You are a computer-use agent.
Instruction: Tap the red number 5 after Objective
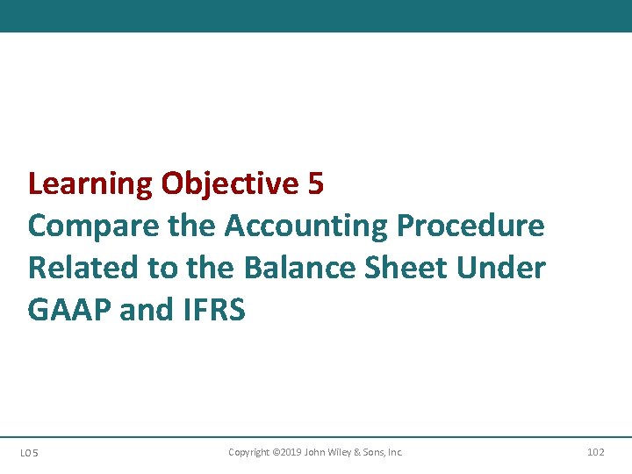[316, 184]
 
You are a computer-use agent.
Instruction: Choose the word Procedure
[470, 226]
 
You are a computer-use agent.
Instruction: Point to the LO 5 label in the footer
[28, 453]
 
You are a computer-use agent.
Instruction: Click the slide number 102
[595, 452]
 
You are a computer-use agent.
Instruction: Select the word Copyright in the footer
[249, 452]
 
